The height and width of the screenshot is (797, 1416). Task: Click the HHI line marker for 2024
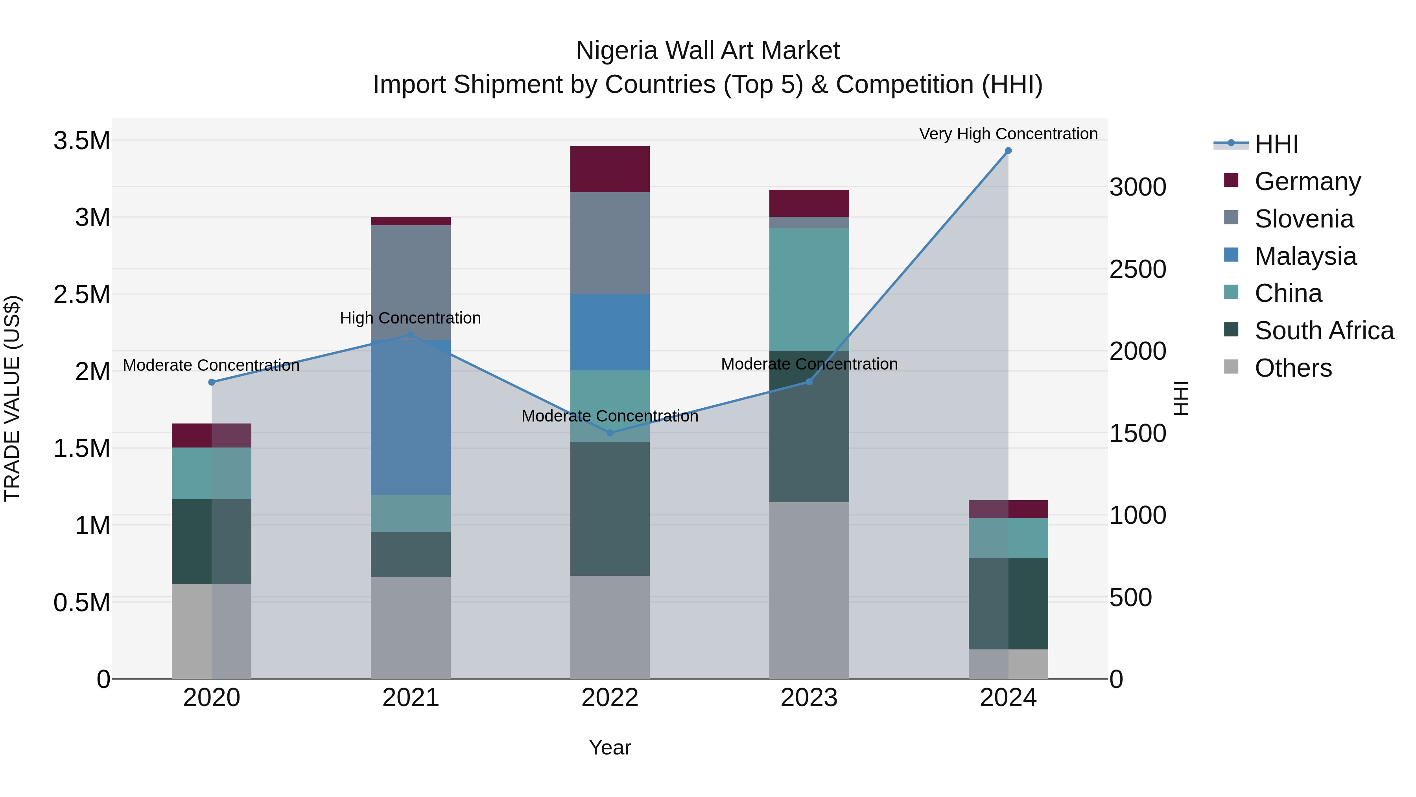click(1008, 150)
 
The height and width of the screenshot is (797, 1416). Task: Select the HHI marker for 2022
click(610, 433)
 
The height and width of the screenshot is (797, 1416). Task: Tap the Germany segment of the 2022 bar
click(610, 169)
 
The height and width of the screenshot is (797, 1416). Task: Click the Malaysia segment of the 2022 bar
click(610, 332)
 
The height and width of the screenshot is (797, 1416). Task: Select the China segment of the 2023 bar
click(809, 289)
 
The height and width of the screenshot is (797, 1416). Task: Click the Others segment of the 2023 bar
click(809, 590)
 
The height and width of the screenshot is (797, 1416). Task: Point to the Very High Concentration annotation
click(1008, 134)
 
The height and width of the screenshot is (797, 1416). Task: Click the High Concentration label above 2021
click(410, 318)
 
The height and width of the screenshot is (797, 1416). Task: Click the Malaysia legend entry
click(1305, 256)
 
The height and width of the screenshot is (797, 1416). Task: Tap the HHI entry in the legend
click(1276, 144)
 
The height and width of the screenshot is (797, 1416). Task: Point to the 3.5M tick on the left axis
click(81, 141)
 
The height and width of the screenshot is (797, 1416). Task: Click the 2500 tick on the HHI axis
click(1137, 269)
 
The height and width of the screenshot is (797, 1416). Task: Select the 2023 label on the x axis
click(809, 698)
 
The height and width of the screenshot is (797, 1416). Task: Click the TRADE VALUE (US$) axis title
click(12, 398)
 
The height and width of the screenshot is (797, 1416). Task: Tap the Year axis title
click(610, 747)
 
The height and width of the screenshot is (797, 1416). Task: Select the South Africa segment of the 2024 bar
click(1008, 603)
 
